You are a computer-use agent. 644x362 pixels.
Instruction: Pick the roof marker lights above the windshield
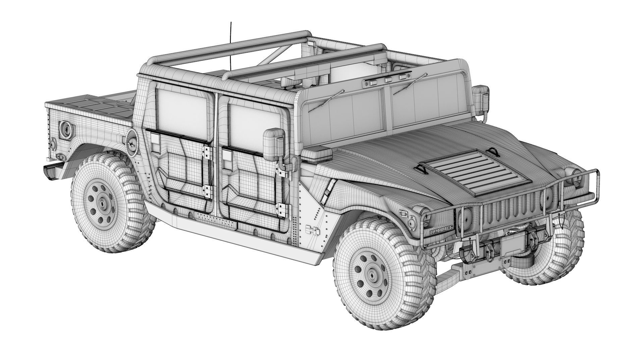(387, 80)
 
